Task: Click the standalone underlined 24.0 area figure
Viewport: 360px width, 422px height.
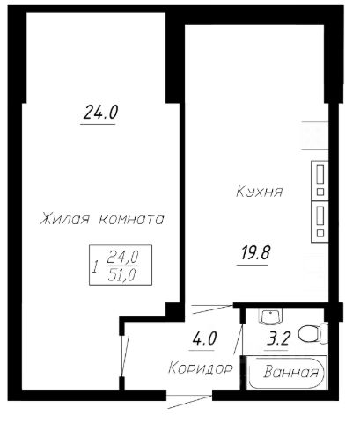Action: click(99, 113)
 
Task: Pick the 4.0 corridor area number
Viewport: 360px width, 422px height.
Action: click(204, 336)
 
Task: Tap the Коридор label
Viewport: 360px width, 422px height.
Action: click(201, 368)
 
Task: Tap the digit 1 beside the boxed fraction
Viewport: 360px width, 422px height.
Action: click(93, 266)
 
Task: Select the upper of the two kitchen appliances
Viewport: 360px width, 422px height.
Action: click(321, 179)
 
